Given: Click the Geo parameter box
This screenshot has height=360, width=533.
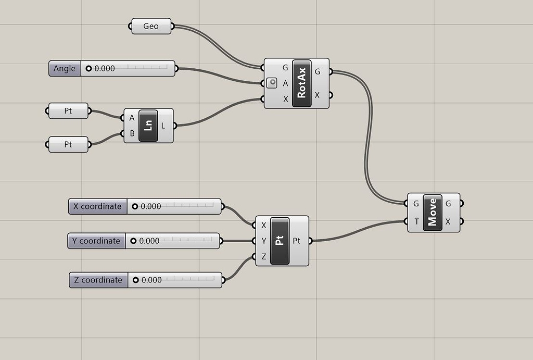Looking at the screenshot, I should tap(151, 26).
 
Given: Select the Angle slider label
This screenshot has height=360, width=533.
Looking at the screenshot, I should tap(65, 68).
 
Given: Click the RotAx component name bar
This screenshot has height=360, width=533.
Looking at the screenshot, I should tap(302, 83).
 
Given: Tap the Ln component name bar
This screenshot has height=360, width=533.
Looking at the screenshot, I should tap(148, 126).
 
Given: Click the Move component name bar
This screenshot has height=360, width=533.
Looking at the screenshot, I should tap(432, 212).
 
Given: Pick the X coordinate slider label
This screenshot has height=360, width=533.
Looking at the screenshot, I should tap(97, 206).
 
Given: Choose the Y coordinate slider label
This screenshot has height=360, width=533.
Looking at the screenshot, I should tap(97, 241).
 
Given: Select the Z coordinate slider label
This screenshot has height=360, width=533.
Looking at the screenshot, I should tap(98, 280).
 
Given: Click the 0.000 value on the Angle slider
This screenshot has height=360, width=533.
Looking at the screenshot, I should tap(105, 68).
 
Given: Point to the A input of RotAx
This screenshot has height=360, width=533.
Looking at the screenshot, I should tap(285, 83).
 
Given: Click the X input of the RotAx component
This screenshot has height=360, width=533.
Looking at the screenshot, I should tap(285, 99).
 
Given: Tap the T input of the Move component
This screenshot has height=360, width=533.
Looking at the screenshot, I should tap(416, 221).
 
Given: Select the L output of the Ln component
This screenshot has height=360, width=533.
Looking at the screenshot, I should tap(163, 126).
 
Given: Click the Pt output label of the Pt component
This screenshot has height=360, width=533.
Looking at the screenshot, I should tap(296, 241).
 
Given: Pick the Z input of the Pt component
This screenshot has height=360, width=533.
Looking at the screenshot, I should tap(263, 256).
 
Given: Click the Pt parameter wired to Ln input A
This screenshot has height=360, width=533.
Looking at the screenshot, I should tap(68, 110).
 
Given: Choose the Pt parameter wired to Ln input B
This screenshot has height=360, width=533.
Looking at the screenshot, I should tap(68, 144).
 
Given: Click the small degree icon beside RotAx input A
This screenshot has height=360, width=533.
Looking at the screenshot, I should tap(272, 83).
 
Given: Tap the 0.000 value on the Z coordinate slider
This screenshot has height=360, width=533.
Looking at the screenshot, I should tap(151, 280).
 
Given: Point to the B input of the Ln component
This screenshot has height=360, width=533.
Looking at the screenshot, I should tap(132, 133).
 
